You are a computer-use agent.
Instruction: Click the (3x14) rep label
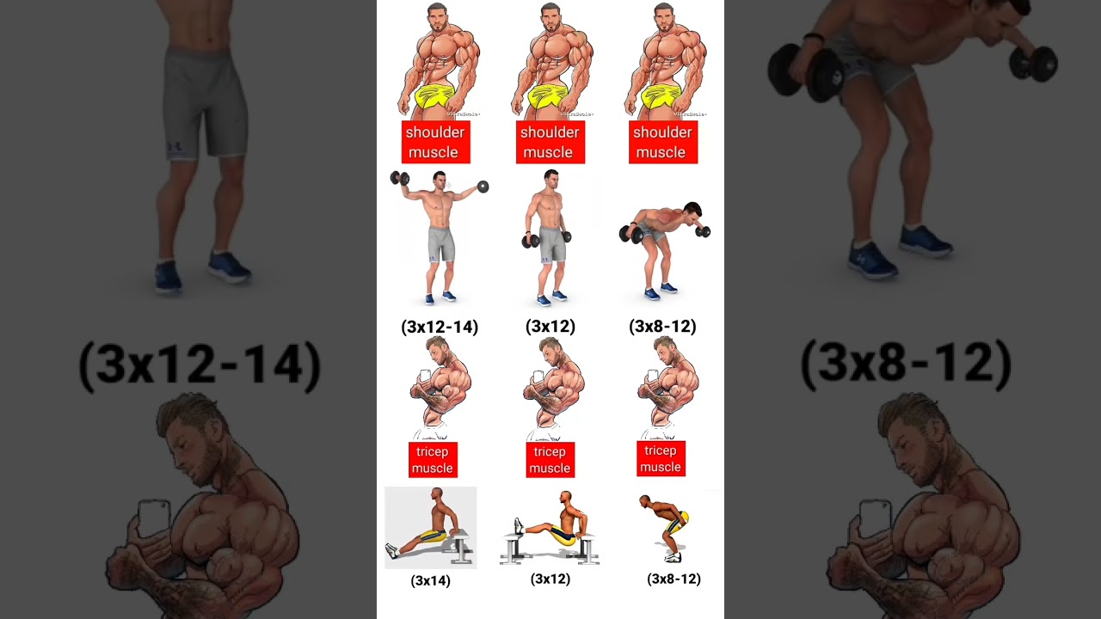click(x=431, y=580)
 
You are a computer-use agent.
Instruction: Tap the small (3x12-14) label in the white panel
click(x=440, y=327)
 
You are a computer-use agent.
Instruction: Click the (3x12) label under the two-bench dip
click(x=550, y=579)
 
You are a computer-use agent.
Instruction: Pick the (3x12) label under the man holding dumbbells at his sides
click(x=550, y=326)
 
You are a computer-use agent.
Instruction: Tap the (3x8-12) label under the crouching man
click(x=674, y=579)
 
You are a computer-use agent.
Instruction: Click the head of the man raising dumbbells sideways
click(x=440, y=180)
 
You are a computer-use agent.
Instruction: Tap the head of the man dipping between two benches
click(x=566, y=498)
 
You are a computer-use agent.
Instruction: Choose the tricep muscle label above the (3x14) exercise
click(x=433, y=460)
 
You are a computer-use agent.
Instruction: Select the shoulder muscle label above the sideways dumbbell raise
click(x=435, y=142)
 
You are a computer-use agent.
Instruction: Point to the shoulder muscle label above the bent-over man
click(x=663, y=142)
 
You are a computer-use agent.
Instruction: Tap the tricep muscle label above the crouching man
click(x=661, y=458)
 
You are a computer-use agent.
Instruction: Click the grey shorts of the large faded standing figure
click(x=205, y=104)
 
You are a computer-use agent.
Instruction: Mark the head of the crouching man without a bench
click(x=644, y=501)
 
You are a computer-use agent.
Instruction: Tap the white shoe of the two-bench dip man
click(x=518, y=524)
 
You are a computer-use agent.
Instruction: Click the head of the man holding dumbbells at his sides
click(x=551, y=179)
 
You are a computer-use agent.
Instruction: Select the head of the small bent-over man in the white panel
click(x=693, y=211)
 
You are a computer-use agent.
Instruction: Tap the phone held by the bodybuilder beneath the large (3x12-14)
click(x=154, y=518)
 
